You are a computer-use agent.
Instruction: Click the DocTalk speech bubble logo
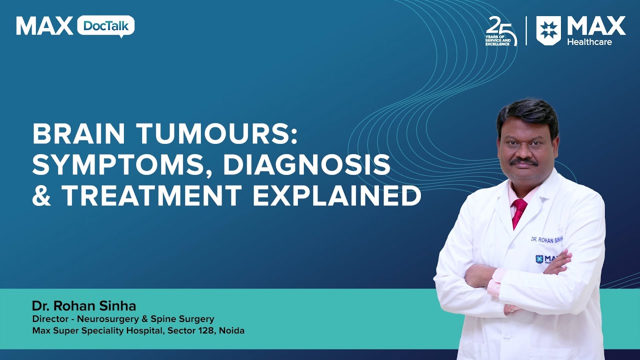tap(105, 26)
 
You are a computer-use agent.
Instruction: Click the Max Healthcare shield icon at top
tap(548, 30)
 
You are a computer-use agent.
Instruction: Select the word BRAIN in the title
tap(79, 134)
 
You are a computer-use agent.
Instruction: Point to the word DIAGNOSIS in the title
tap(306, 165)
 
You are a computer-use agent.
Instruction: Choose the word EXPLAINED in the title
tap(337, 196)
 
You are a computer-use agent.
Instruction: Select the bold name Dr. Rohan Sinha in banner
tap(84, 305)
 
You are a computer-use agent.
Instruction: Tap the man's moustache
tap(524, 161)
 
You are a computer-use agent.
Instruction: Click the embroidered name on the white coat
tap(546, 239)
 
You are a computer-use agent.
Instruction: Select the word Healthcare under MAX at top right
tap(589, 42)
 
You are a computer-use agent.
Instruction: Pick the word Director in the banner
tap(49, 319)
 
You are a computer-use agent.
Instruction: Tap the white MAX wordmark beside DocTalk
tap(44, 26)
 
